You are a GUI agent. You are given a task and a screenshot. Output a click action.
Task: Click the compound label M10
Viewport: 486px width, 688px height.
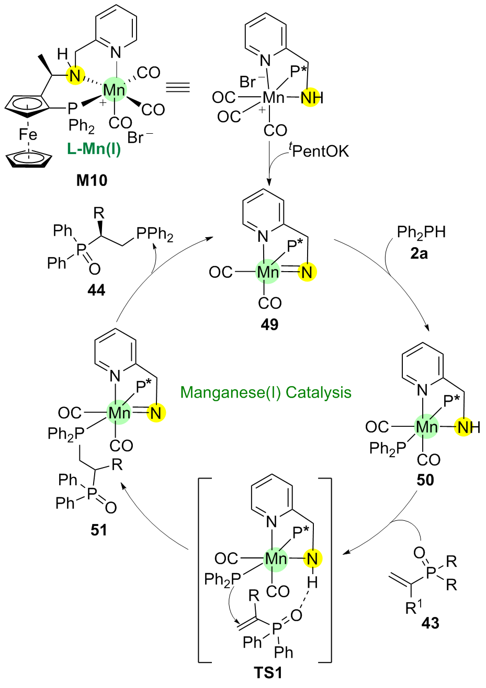click(x=92, y=180)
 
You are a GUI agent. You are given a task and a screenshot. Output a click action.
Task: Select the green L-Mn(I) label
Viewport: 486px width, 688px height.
click(x=94, y=149)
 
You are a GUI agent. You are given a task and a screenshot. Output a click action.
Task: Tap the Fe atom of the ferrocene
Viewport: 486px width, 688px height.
click(x=28, y=135)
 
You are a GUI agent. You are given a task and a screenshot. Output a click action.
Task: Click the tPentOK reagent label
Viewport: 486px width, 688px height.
click(x=319, y=151)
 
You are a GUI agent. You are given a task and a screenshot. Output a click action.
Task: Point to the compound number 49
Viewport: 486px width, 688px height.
click(x=269, y=324)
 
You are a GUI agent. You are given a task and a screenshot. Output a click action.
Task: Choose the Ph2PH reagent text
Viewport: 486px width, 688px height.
click(x=421, y=232)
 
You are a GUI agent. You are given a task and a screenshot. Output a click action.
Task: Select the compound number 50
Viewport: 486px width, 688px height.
click(x=425, y=480)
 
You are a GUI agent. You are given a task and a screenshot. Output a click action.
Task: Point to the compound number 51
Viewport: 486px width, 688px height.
click(x=98, y=530)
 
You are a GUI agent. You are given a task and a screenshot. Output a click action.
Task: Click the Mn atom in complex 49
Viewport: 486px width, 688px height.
click(x=268, y=272)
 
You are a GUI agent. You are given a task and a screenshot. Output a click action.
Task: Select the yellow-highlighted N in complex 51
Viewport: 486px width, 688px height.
click(x=155, y=413)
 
